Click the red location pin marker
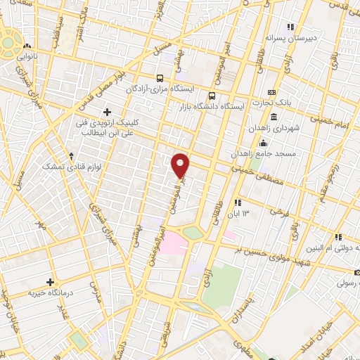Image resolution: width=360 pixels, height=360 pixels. (181, 165)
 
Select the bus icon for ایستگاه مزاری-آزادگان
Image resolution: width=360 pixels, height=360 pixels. (161, 79)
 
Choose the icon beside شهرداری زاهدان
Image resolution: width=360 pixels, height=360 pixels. (273, 116)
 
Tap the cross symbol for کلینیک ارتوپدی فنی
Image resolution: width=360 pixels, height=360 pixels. (107, 111)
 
